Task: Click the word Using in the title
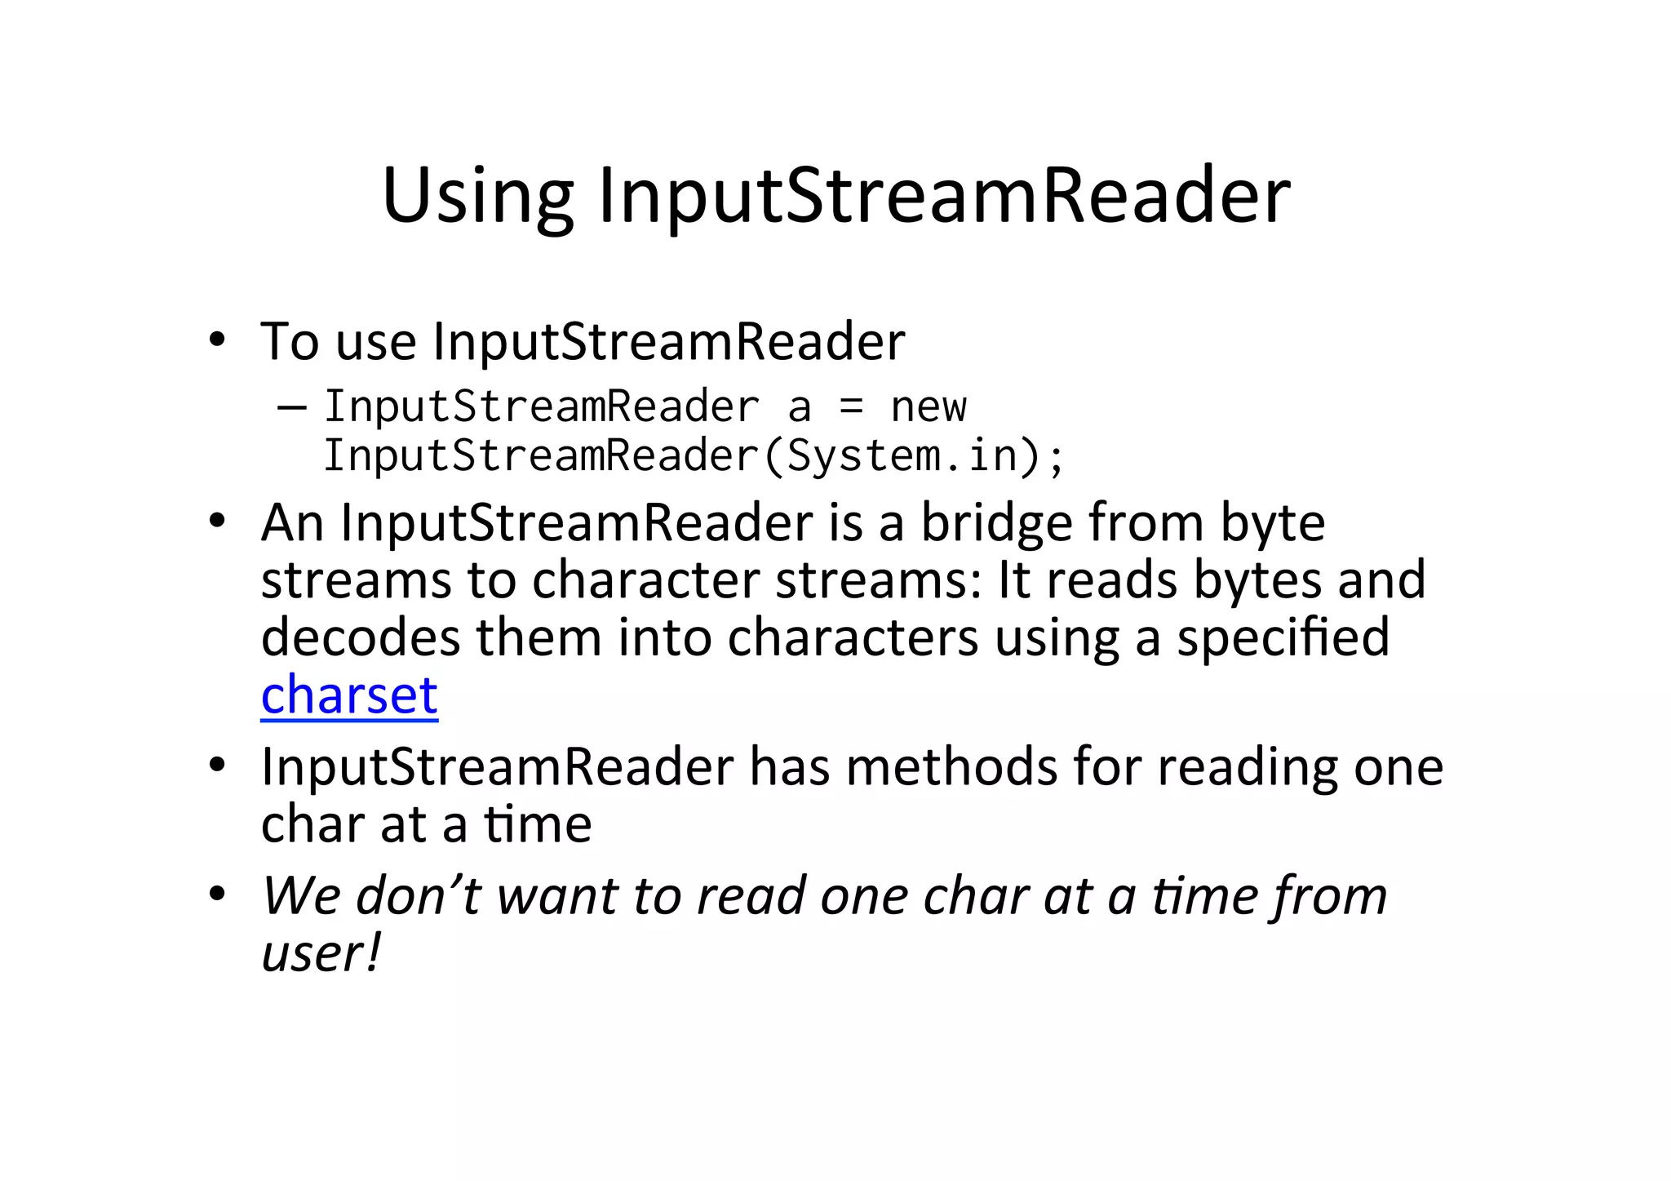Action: pyautogui.click(x=477, y=197)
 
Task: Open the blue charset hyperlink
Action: pyautogui.click(x=349, y=695)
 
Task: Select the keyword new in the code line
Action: pyautogui.click(x=928, y=406)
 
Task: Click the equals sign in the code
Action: pyautogui.click(x=851, y=406)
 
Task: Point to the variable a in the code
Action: pyautogui.click(x=800, y=407)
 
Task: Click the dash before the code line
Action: pyautogui.click(x=291, y=406)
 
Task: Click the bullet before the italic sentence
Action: pyautogui.click(x=216, y=895)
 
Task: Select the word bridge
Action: pyautogui.click(x=997, y=523)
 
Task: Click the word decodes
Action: pyautogui.click(x=361, y=637)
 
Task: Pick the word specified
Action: pyautogui.click(x=1283, y=637)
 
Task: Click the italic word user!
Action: pyautogui.click(x=321, y=952)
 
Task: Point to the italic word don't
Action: pyautogui.click(x=418, y=895)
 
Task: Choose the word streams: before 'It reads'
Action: pyautogui.click(x=878, y=580)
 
